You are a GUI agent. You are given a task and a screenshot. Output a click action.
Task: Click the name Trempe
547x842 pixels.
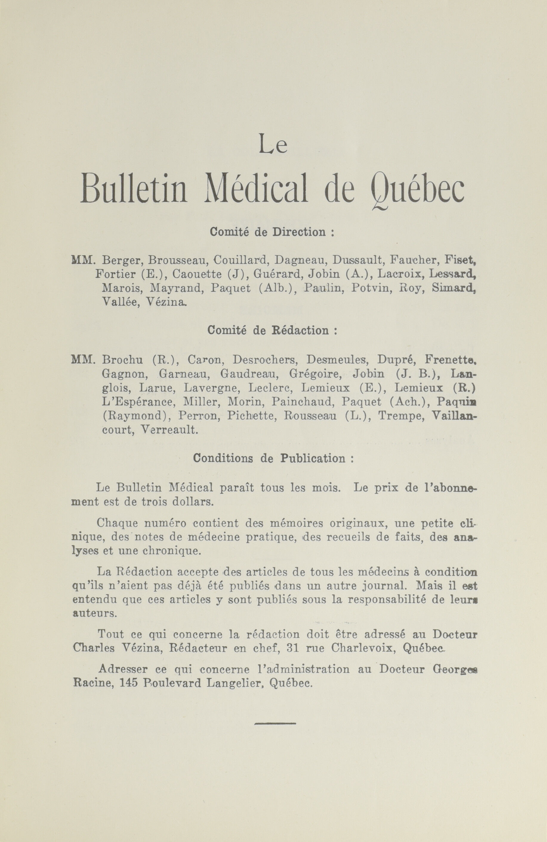click(401, 416)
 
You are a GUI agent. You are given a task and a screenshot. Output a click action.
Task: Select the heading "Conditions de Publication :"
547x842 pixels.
click(273, 458)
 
